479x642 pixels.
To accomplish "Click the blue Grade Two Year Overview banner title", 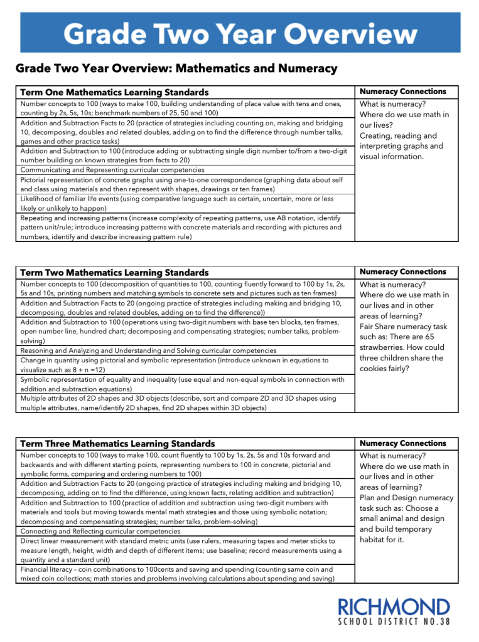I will [240, 33].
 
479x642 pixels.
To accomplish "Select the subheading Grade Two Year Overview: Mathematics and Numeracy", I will [176, 68].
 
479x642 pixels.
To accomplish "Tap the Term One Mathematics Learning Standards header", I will [114, 92].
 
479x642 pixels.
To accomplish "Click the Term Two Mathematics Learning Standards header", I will [114, 273].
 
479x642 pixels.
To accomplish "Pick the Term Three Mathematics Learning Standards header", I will [117, 444].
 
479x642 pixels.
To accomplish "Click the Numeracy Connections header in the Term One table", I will [403, 92].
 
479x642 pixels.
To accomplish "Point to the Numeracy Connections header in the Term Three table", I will [403, 443].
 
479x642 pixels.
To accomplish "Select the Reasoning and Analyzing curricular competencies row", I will [148, 351].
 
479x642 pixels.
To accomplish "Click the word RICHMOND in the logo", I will [394, 608].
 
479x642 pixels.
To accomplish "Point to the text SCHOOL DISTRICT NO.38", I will [394, 624].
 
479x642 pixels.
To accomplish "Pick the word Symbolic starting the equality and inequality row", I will [35, 379].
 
